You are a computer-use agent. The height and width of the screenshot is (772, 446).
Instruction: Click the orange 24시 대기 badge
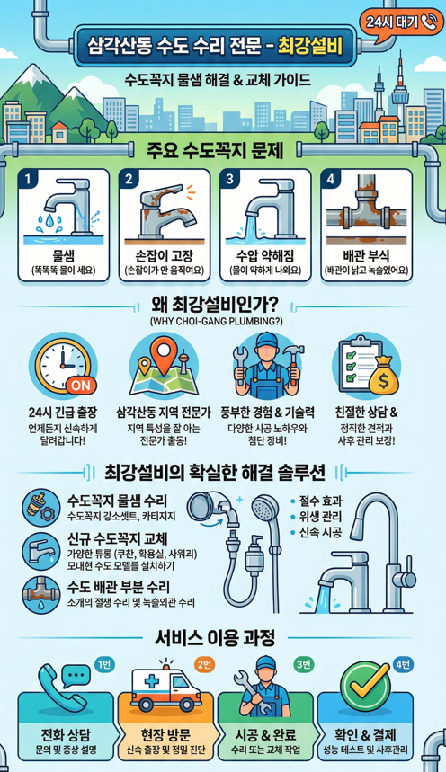tap(396, 22)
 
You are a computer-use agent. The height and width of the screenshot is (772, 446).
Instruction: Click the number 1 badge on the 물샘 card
tap(29, 179)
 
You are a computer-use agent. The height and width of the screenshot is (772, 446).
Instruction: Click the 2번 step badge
tap(203, 663)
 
